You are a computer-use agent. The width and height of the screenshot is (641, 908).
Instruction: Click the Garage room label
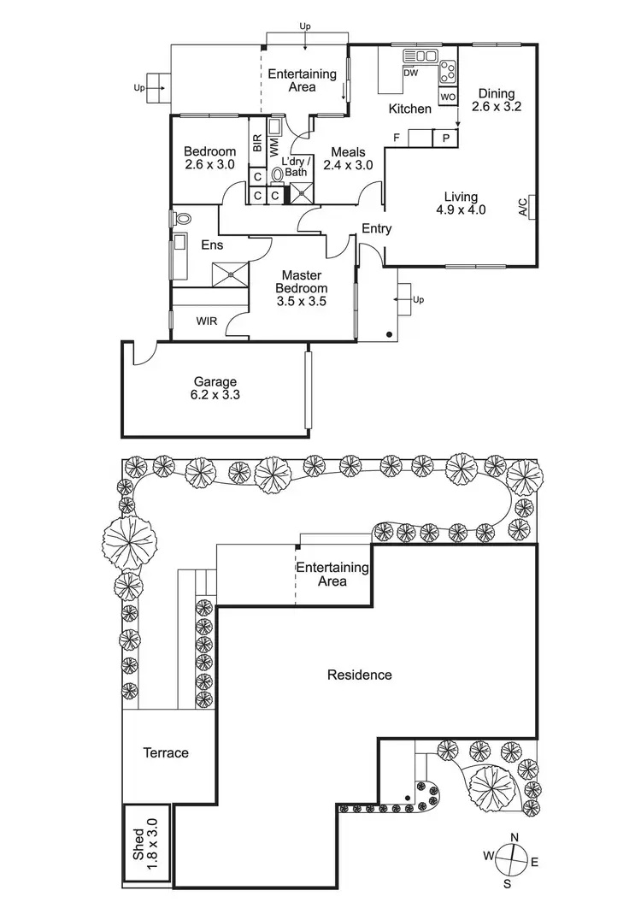(215, 382)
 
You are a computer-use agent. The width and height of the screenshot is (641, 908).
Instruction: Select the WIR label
(205, 321)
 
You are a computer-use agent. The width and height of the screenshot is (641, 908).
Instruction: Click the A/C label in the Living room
(522, 208)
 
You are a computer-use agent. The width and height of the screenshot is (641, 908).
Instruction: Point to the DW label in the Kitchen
(410, 74)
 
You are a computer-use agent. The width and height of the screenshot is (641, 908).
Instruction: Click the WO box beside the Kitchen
(448, 97)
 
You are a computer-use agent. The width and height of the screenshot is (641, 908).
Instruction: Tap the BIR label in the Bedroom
(256, 143)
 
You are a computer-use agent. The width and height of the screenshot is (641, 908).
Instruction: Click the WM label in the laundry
(273, 145)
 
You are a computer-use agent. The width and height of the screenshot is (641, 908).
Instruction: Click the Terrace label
(166, 753)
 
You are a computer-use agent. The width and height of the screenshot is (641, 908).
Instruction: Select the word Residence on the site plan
(360, 675)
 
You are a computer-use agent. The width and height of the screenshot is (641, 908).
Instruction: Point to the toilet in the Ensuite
(181, 219)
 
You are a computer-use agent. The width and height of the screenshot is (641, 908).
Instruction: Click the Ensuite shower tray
(231, 273)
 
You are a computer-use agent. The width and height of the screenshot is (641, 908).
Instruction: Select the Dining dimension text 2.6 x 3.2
(499, 108)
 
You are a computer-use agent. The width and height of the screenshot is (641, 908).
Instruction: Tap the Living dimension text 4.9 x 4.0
(461, 209)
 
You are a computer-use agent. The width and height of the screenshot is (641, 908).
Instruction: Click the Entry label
(377, 228)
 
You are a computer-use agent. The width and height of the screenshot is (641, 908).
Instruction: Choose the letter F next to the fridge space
(397, 138)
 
